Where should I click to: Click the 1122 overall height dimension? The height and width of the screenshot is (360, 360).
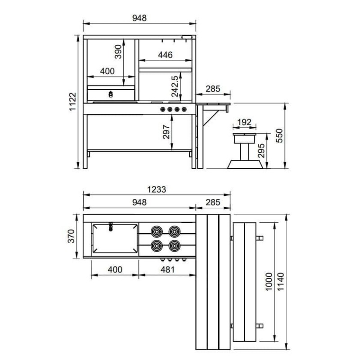(72, 102)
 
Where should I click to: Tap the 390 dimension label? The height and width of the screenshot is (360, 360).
(118, 52)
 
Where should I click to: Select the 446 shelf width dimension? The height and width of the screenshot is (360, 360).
(165, 55)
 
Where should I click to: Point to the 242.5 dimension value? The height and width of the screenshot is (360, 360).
(175, 86)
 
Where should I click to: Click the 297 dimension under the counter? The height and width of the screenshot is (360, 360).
(166, 132)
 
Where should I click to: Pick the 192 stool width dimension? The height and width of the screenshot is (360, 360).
(244, 122)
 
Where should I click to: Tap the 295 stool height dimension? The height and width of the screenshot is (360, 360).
(261, 151)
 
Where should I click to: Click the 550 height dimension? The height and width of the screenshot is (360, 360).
(279, 136)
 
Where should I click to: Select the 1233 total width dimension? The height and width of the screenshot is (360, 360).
(156, 189)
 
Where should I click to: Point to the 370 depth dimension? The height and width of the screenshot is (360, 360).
(71, 236)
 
